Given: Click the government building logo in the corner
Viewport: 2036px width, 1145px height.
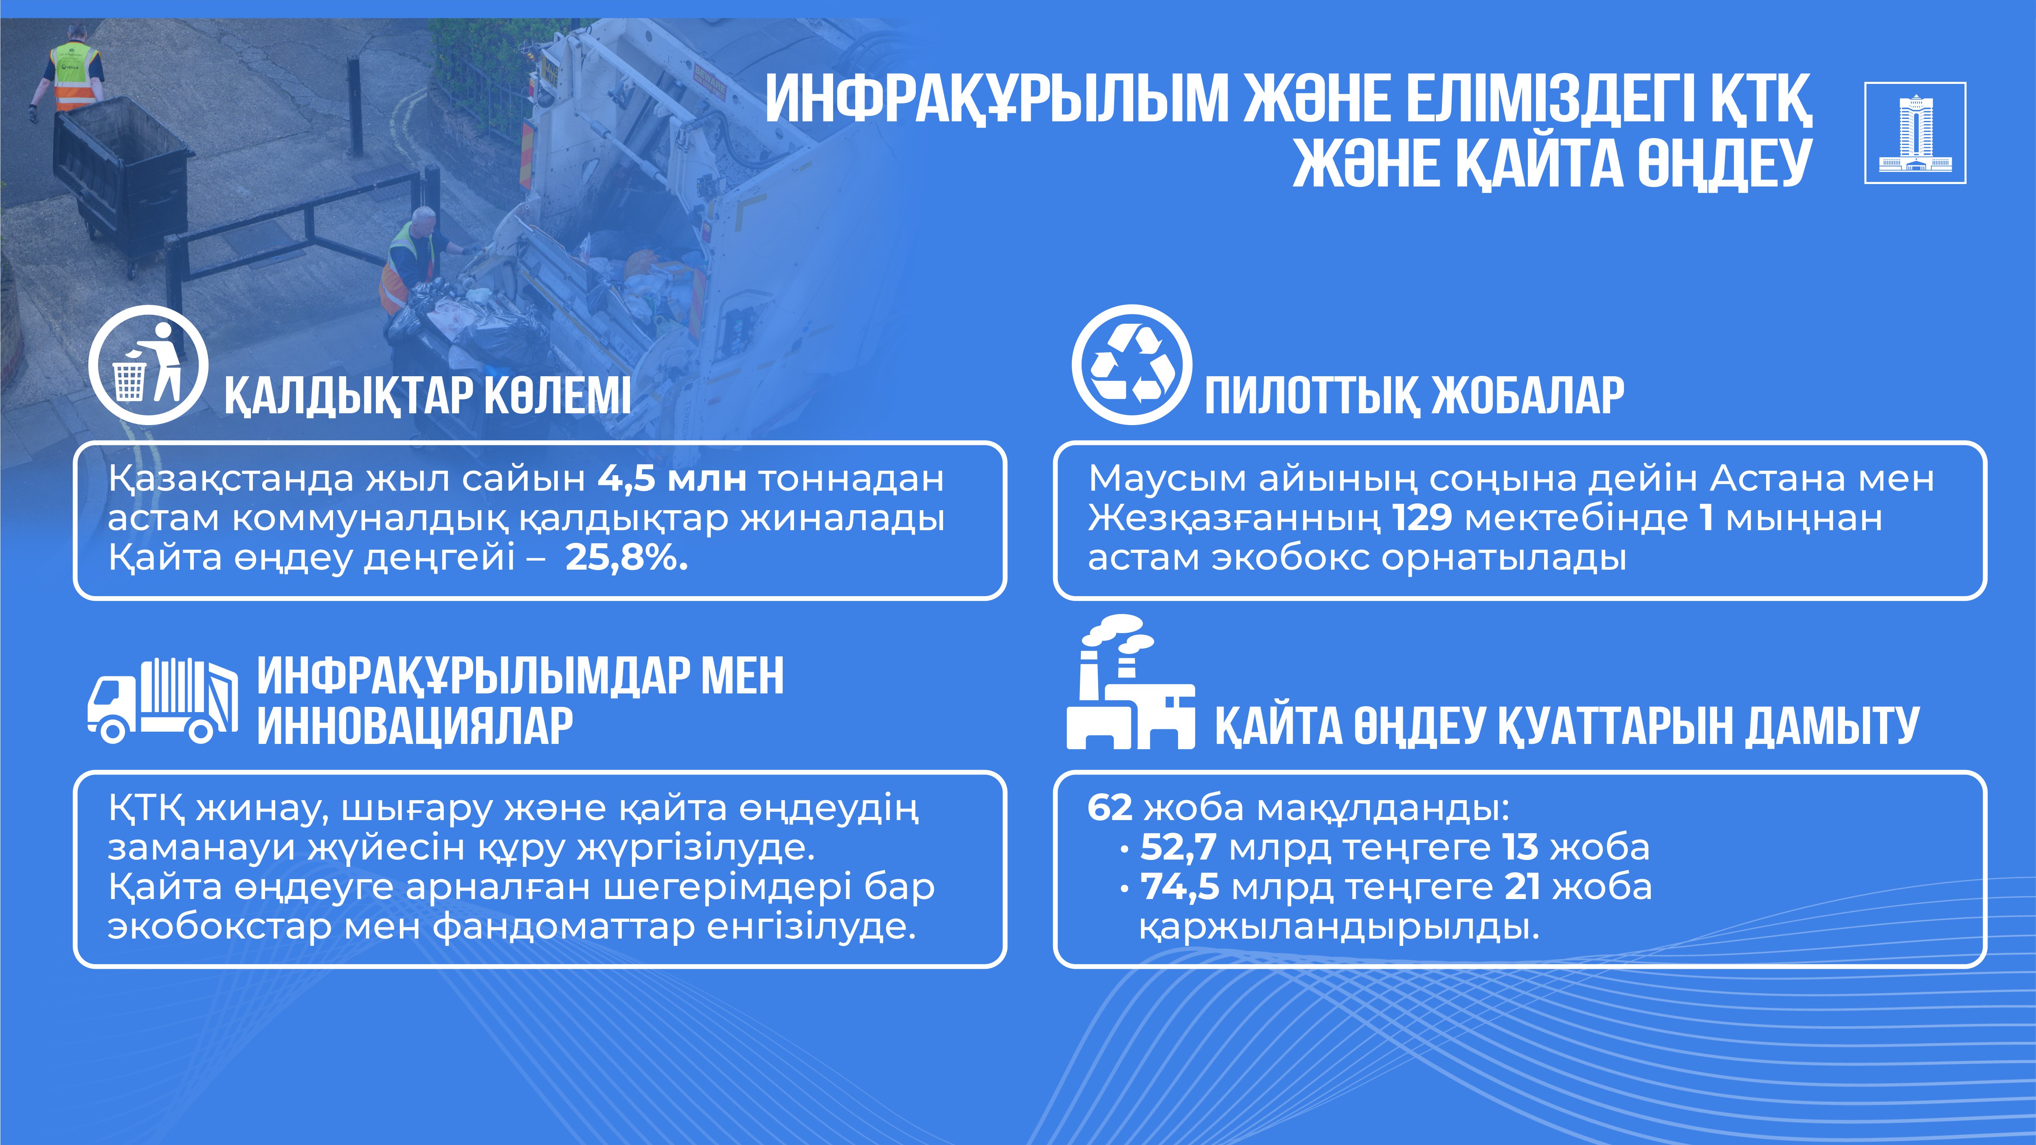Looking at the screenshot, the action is coord(1915,133).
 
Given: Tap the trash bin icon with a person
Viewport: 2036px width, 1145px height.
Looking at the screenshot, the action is coord(148,365).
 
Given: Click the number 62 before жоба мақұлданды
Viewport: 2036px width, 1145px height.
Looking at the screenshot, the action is coord(1110,807).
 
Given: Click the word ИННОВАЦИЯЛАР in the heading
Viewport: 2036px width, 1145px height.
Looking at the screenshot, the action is coord(415,726).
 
